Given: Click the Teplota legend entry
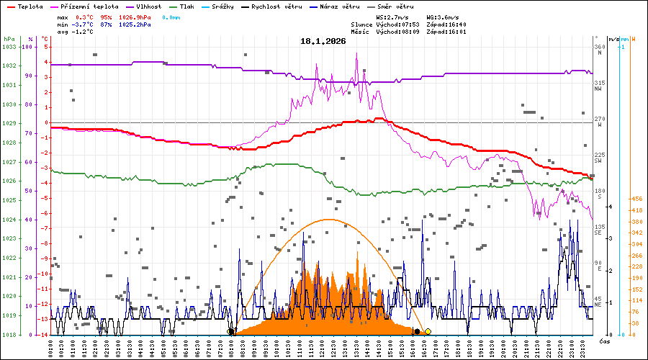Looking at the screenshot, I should click(30, 6).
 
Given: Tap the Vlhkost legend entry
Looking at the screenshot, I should click(148, 6).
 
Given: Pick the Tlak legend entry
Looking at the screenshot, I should click(186, 6).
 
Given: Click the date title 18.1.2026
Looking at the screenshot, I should click(323, 42).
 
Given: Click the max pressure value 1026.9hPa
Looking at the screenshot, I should click(135, 17).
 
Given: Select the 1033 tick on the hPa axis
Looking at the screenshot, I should click(9, 47).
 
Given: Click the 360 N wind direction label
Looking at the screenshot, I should click(599, 50).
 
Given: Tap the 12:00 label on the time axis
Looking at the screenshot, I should click(324, 348).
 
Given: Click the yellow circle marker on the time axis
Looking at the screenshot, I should click(428, 331).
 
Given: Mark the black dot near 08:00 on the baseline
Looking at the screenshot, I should click(230, 331).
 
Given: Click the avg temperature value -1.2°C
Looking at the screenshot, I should click(85, 32).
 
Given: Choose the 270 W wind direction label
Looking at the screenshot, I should click(599, 122).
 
